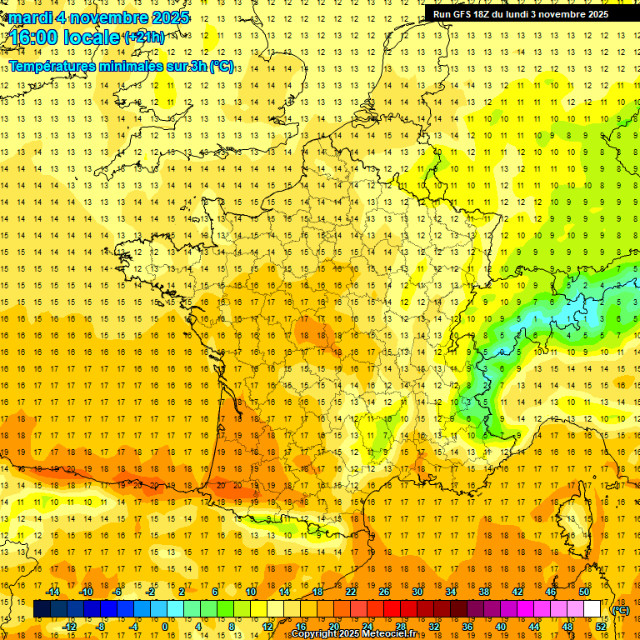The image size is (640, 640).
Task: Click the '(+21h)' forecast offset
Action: [144, 37]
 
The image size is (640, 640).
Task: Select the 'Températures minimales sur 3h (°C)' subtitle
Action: [121, 66]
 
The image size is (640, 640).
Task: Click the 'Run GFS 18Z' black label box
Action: [521, 13]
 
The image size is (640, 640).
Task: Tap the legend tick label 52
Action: [601, 627]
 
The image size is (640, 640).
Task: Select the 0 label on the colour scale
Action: [165, 627]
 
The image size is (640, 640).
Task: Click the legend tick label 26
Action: [384, 592]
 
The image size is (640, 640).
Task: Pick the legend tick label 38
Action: [484, 592]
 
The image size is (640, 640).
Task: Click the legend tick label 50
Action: [584, 592]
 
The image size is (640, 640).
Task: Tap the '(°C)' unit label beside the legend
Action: [620, 610]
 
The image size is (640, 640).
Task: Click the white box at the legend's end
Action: [592, 609]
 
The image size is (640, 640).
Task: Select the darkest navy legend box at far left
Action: [42, 609]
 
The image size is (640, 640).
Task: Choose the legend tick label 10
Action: [251, 592]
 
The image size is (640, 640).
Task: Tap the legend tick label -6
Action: [118, 592]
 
